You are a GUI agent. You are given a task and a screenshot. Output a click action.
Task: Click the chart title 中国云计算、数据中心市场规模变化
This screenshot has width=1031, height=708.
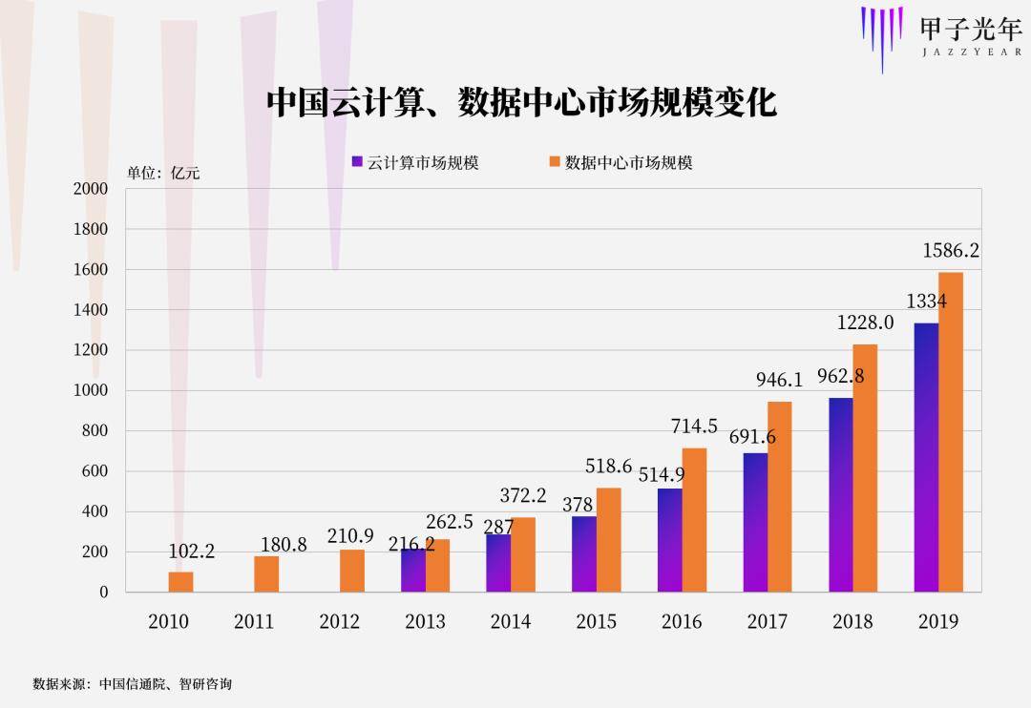click(521, 101)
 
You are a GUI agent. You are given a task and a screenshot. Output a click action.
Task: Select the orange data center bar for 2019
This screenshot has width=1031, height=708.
click(951, 431)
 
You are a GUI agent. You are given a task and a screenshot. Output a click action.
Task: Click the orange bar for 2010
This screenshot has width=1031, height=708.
click(180, 581)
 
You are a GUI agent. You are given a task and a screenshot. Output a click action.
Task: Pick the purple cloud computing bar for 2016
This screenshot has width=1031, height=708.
click(670, 540)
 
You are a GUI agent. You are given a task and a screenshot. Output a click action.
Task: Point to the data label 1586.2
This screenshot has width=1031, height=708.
click(951, 251)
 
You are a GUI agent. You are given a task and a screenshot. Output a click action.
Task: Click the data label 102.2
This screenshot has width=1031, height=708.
click(192, 552)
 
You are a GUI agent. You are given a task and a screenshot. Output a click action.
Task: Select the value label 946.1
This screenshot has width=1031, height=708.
click(779, 380)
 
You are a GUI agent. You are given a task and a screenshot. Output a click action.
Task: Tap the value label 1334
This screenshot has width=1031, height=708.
click(926, 302)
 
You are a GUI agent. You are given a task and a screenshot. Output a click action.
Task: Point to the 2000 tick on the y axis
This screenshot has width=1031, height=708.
click(91, 189)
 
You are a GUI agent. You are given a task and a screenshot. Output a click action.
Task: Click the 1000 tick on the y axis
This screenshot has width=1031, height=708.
click(91, 390)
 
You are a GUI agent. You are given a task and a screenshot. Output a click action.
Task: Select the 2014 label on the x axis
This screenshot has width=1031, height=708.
click(511, 621)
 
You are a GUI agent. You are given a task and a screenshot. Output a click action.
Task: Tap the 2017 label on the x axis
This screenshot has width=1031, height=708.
click(768, 621)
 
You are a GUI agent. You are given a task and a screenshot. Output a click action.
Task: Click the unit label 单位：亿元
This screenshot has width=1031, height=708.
click(163, 173)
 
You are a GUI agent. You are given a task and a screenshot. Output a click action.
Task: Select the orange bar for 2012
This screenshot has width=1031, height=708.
click(352, 571)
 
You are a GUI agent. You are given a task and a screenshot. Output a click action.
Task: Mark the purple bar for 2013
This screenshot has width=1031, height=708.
click(412, 571)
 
